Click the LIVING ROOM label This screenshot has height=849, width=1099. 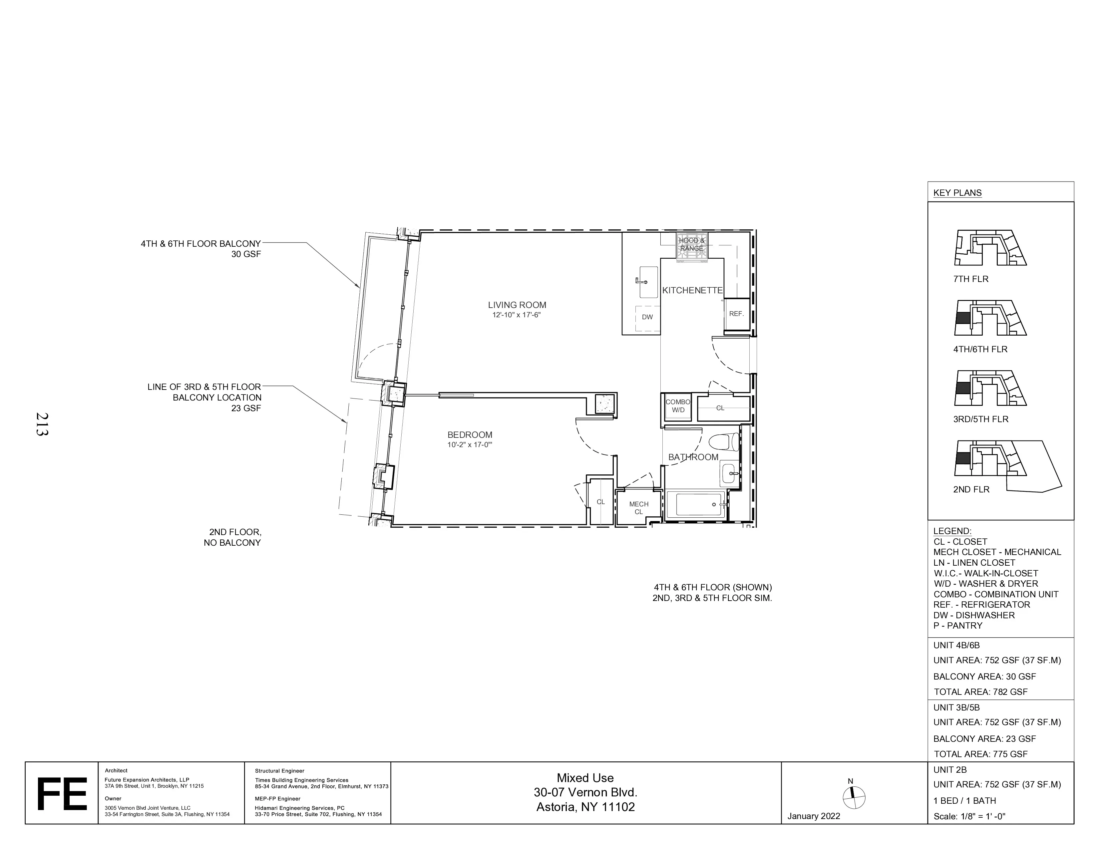coord(517,305)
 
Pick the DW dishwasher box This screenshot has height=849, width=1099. coord(647,317)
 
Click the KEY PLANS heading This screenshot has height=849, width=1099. coord(957,193)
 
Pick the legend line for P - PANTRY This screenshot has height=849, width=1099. coord(957,626)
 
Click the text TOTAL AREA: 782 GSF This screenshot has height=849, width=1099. coord(980,692)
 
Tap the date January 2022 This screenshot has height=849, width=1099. coord(813,816)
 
